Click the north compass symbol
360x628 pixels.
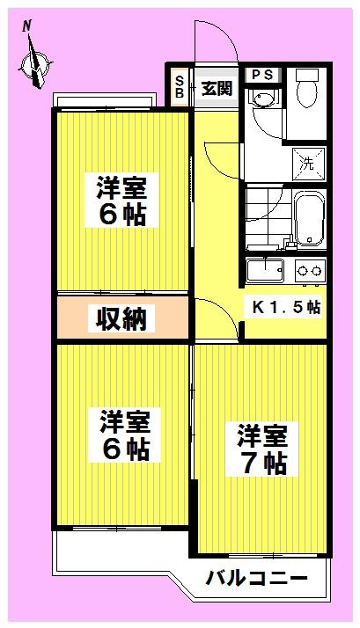pos(36,64)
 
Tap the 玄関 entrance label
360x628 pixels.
pos(217,88)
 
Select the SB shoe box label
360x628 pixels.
pos(180,87)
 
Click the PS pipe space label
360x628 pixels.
pos(262,75)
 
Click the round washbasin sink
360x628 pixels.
pos(261,99)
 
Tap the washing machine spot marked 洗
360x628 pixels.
pos(308,164)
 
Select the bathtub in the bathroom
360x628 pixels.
pos(310,219)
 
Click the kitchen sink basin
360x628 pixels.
pos(265,270)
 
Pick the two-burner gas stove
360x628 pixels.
pos(311,271)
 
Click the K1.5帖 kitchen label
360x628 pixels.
pos(286,307)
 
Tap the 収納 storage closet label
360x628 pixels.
pos(121,318)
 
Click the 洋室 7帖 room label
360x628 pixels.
pos(261,449)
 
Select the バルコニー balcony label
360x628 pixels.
pos(256,578)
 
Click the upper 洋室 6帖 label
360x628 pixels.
pos(121,201)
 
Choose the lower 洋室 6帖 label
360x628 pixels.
pos(125,435)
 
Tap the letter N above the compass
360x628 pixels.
pos(27,26)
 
